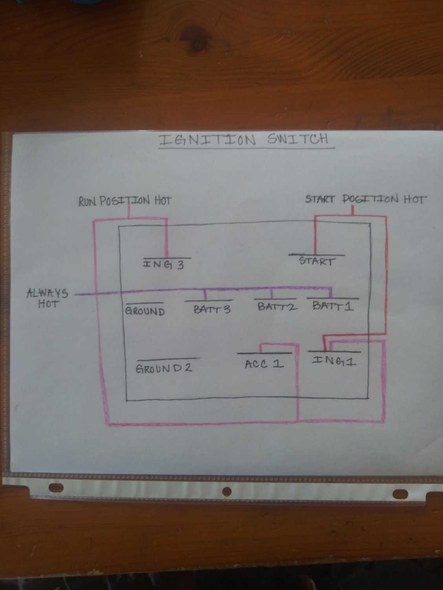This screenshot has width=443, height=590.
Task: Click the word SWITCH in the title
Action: pos(297,139)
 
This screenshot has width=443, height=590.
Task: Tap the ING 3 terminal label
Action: pos(163,265)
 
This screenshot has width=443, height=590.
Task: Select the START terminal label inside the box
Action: pos(317,261)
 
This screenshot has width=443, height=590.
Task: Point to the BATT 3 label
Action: pos(212,310)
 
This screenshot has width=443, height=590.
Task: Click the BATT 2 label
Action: pos(277,307)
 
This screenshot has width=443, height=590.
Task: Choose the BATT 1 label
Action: pos(333,306)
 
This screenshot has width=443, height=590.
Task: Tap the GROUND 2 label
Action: pos(164,369)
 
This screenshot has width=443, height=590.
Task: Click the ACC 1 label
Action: pos(264,364)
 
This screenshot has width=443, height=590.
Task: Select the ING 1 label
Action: pos(334,361)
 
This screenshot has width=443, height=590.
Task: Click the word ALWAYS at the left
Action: pos(47,293)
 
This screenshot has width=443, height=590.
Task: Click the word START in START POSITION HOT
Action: pos(320,199)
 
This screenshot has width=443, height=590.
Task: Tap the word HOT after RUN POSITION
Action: pos(162,201)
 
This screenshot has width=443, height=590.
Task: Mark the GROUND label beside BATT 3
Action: pos(145,312)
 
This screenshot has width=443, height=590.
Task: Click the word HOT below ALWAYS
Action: pos(48,304)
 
